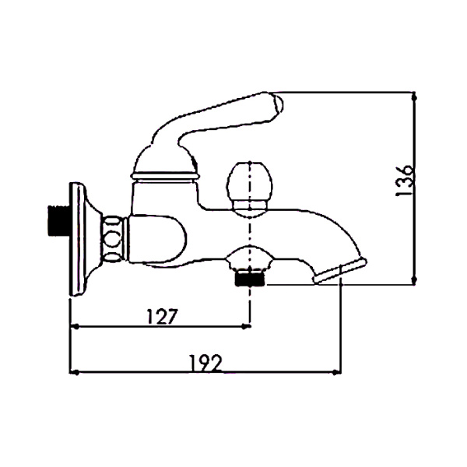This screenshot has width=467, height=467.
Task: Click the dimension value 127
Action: [163, 316]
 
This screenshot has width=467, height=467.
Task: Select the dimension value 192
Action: [205, 363]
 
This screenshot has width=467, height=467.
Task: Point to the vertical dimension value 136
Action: [404, 181]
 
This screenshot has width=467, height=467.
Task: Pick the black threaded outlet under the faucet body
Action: [250, 279]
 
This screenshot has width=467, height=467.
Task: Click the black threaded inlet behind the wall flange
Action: [58, 219]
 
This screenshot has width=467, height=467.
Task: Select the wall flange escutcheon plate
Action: [81, 239]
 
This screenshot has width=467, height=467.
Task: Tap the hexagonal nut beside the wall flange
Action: [114, 240]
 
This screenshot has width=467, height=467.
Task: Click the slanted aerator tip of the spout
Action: [340, 271]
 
